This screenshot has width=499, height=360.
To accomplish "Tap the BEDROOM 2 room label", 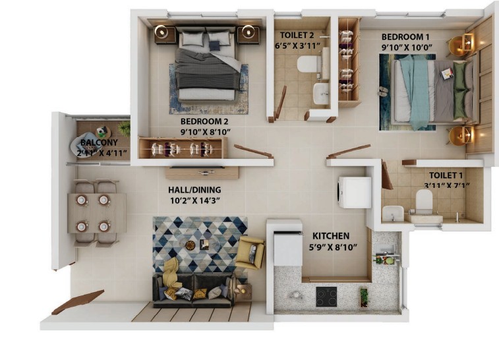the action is tap(204, 121).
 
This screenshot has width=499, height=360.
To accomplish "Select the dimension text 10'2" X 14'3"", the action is tap(195, 200).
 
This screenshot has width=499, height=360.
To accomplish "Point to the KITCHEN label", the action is tap(331, 236).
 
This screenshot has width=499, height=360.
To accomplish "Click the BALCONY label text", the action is tap(99, 142).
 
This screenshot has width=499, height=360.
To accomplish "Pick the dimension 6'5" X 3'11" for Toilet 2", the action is tap(297, 45).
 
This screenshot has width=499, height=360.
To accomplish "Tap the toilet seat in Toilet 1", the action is tap(425, 200).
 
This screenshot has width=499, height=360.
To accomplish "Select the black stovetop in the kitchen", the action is tap(326, 296).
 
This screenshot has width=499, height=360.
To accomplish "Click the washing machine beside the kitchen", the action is tap(354, 193).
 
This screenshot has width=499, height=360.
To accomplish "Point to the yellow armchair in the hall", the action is tap(250, 253).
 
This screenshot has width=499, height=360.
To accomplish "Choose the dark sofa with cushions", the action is tap(194, 289).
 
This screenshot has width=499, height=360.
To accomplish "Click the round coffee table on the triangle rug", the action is tap(191, 245).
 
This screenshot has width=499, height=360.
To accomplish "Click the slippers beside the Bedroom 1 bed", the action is tap(383, 92).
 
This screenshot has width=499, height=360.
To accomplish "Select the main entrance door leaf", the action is tap(78, 302).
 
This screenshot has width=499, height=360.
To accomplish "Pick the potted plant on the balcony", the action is tap(124, 129).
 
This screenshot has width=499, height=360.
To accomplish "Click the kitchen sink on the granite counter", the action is tap(385, 250).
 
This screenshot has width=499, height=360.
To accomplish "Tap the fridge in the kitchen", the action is tap(288, 249).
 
